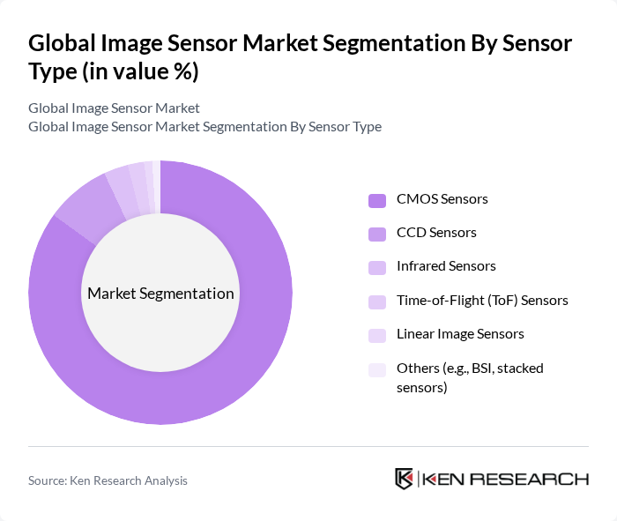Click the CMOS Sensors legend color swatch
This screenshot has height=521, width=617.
[377, 199]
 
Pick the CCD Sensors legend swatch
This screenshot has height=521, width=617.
[377, 233]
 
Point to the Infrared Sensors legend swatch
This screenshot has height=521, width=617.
[377, 266]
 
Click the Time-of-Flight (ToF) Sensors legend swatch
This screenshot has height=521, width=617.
[377, 301]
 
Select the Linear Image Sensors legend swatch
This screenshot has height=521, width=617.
[377, 334]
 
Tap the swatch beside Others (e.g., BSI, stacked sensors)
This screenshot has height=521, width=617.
[377, 368]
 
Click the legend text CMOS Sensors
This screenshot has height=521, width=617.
[442, 199]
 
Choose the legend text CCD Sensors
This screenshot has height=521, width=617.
[436, 233]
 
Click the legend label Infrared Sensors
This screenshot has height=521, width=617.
[446, 266]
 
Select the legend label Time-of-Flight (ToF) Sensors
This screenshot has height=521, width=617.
[482, 301]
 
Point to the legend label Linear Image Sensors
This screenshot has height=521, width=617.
[460, 334]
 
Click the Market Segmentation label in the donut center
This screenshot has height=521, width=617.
[160, 294]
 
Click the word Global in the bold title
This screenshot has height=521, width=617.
[63, 43]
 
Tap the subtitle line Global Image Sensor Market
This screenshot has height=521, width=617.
[114, 108]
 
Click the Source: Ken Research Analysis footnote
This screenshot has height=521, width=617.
[108, 480]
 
